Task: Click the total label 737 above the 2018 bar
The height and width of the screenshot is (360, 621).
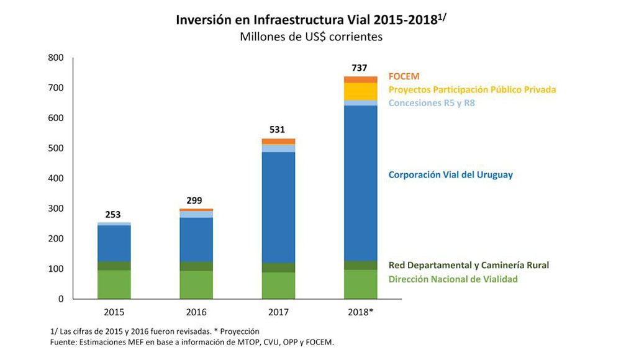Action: (360, 68)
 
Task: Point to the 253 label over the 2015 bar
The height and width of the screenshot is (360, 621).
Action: (113, 215)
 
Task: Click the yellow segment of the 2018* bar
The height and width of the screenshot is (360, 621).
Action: (361, 91)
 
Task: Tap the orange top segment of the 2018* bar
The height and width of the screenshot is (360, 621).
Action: (361, 79)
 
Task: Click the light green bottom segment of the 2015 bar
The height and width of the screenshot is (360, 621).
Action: (114, 284)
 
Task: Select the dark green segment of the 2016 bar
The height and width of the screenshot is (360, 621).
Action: (196, 266)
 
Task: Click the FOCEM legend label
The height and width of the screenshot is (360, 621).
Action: (404, 76)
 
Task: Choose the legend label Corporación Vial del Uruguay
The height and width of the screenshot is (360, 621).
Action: (450, 175)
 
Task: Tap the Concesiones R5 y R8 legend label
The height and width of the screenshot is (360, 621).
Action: (432, 103)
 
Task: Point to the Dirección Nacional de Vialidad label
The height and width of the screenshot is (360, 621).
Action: (453, 279)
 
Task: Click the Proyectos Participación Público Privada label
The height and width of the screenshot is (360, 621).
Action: (472, 90)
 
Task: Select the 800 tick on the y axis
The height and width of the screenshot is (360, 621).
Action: (55, 58)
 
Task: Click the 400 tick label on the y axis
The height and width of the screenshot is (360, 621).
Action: (55, 178)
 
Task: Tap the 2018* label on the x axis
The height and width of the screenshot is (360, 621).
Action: (361, 312)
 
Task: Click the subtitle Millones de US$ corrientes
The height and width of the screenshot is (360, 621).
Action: (310, 37)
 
